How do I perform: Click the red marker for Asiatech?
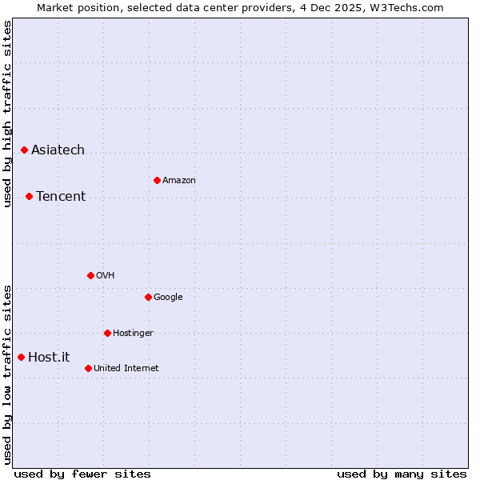click(x=24, y=150)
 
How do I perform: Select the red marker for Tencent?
click(x=29, y=196)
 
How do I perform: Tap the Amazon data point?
click(x=157, y=180)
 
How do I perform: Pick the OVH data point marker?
click(x=90, y=275)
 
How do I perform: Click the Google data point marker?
click(x=148, y=297)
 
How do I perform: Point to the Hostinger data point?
click(x=107, y=333)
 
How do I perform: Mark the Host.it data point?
click(x=21, y=357)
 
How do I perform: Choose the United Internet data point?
click(x=88, y=368)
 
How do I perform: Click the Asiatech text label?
click(x=58, y=150)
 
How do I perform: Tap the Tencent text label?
click(x=61, y=197)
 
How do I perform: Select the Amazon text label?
click(x=179, y=181)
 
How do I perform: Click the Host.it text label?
click(x=49, y=358)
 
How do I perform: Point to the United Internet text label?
click(x=126, y=369)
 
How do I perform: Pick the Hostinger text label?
click(x=133, y=334)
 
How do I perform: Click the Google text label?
click(x=168, y=298)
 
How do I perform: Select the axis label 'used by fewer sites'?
click(x=82, y=474)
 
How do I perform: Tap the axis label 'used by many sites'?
click(x=402, y=474)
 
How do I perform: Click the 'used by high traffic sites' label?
click(x=7, y=114)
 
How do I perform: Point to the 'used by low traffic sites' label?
click(x=7, y=374)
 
